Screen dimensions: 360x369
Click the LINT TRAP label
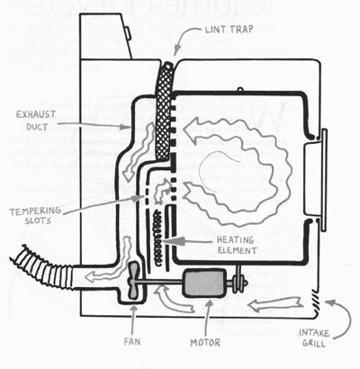pos(229,30)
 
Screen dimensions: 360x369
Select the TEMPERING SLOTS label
pos(35,216)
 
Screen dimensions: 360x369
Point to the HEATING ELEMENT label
pos(237,246)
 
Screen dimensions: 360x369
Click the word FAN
pos(132,342)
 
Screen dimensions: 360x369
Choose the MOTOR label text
pos(205,342)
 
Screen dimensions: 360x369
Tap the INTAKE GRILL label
pos(314,338)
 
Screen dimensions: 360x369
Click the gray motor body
pos(205,283)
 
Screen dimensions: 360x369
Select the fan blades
pos(132,280)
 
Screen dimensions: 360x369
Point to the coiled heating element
pos(158,238)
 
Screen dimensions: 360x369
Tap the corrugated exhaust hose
pos(42,268)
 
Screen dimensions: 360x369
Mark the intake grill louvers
pos(315,301)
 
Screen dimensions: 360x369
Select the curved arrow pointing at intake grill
pos(344,317)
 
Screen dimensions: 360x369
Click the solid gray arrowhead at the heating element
pos(173,241)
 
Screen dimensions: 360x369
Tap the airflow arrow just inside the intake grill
pos(274,303)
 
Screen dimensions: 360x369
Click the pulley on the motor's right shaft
pos(238,283)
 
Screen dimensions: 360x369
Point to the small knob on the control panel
pos(128,32)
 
